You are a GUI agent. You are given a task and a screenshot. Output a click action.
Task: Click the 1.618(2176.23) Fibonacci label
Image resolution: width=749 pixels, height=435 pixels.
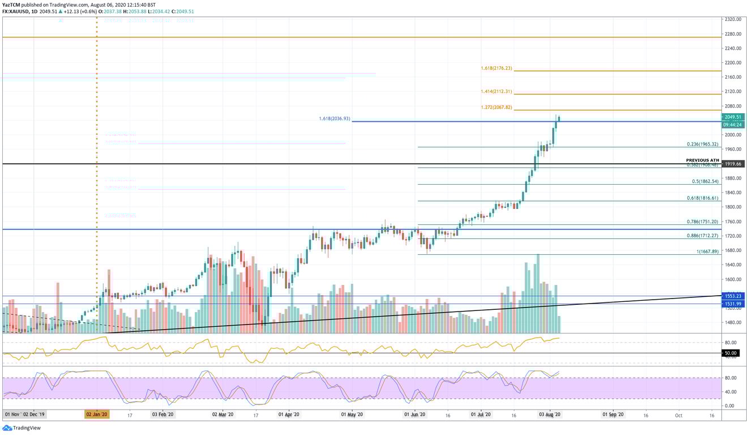pos(496,68)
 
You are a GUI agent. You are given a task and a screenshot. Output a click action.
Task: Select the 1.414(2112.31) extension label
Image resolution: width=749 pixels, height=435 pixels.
pos(496,91)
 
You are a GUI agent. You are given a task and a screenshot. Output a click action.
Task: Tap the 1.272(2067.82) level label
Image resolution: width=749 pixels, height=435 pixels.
pos(496,107)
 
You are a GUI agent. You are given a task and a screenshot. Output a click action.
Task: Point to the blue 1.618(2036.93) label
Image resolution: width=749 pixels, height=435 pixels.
pos(334,119)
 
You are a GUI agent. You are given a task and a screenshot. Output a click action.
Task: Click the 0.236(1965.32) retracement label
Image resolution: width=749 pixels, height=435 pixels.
pos(702,144)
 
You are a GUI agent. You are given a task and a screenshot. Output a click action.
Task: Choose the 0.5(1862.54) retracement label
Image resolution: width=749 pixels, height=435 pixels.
pos(705,181)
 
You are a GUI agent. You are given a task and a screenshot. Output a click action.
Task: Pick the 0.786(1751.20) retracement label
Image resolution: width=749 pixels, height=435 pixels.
pos(702,222)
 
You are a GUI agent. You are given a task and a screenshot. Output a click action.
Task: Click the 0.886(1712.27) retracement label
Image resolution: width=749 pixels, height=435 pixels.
pos(702,236)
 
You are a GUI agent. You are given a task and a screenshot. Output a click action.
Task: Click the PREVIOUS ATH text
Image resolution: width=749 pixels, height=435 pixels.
pos(702,160)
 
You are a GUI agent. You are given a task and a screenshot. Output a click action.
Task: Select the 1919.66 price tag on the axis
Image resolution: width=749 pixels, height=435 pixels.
pos(733,164)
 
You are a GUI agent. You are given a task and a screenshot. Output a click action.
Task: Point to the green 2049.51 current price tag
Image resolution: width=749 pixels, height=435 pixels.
pos(733,117)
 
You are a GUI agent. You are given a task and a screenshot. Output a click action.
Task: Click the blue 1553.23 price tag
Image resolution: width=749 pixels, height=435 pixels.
pos(733,296)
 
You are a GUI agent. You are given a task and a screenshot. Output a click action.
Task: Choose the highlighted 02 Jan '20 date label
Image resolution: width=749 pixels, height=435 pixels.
pos(97,415)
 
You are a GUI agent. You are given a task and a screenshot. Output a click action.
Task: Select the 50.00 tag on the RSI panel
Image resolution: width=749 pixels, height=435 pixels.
pos(730,352)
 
